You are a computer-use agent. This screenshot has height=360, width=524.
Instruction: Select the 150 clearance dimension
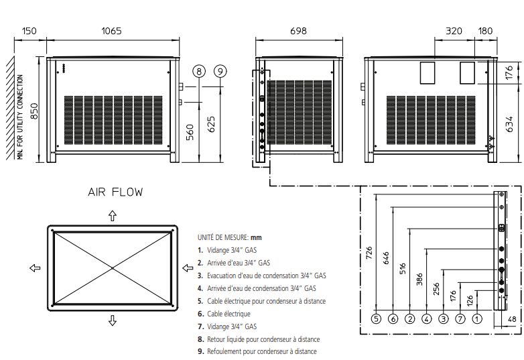point(29,31)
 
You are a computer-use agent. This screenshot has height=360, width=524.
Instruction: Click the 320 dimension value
point(454,31)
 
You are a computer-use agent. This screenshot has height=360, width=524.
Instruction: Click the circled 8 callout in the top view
point(198,71)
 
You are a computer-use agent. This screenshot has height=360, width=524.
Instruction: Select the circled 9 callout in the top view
point(221,71)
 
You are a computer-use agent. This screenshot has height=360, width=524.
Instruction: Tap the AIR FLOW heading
point(115,192)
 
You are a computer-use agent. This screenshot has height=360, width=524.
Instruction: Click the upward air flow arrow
point(113,215)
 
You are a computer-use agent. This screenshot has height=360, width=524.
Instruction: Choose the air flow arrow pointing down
point(113,321)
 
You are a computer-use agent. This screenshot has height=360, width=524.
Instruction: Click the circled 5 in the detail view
point(376,319)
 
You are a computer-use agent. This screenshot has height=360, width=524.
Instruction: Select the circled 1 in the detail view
point(476,319)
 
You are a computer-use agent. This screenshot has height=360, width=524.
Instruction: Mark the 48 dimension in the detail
point(513,319)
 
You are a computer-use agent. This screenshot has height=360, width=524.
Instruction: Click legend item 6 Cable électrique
point(224,314)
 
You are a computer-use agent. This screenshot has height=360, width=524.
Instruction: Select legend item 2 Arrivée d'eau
point(235,263)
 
